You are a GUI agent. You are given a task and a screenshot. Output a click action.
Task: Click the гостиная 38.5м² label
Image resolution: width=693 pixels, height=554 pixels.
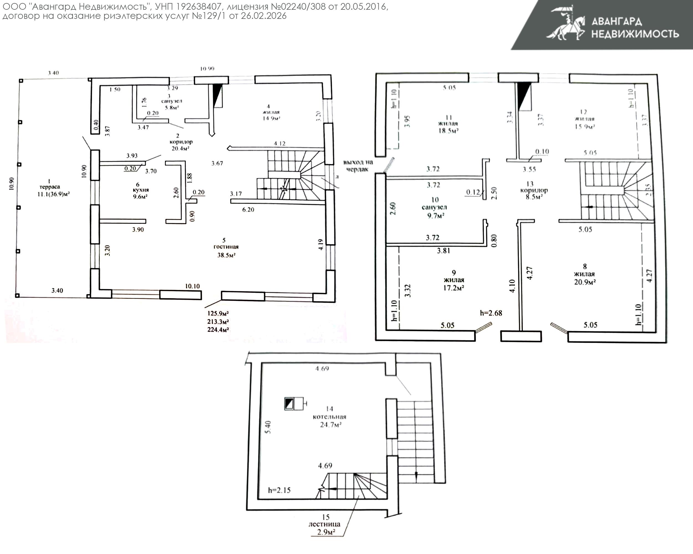tap(226, 248)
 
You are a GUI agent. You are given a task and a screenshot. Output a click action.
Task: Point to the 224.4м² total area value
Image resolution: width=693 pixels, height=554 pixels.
tap(218, 330)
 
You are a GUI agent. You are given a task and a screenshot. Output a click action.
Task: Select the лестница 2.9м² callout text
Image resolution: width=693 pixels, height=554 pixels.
tap(325, 524)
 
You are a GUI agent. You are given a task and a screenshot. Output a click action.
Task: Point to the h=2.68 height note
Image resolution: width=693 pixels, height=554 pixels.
tap(491, 313)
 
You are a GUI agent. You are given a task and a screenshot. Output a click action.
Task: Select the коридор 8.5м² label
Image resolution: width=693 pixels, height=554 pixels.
tap(534, 191)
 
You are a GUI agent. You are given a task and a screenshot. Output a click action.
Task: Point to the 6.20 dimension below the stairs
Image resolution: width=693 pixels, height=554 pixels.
tap(248, 210)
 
